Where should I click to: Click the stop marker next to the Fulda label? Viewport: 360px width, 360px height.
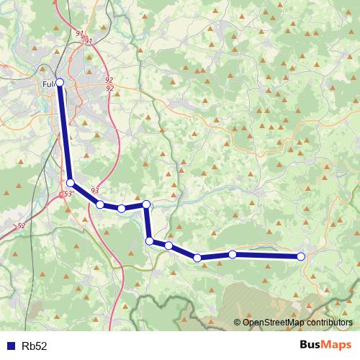tap(60, 83)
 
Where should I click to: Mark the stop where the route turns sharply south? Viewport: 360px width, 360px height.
tap(146, 204)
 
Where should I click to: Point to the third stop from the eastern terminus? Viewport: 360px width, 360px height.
tap(197, 258)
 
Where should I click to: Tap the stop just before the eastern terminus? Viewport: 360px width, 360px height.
tap(233, 254)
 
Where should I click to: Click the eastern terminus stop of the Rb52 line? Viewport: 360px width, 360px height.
tap(301, 256)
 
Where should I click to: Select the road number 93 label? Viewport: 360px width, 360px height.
tap(95, 189)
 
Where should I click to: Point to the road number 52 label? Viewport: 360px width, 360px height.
tap(21, 225)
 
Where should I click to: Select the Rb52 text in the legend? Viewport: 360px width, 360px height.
tap(34, 346)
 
